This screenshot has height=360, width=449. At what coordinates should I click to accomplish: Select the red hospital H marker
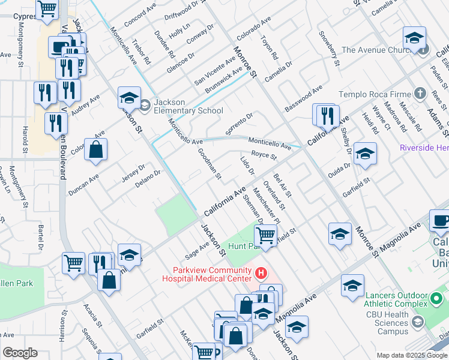click(261, 274)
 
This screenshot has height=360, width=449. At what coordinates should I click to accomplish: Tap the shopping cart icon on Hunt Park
click(265, 236)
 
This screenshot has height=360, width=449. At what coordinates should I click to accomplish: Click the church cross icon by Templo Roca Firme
click(420, 94)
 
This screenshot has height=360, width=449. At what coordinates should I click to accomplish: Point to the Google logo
click(20, 353)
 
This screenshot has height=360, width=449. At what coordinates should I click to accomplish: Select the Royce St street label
click(264, 157)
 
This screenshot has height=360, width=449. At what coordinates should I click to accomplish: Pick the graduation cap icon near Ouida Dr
click(365, 154)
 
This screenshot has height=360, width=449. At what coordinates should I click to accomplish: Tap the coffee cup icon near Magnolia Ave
click(440, 221)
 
